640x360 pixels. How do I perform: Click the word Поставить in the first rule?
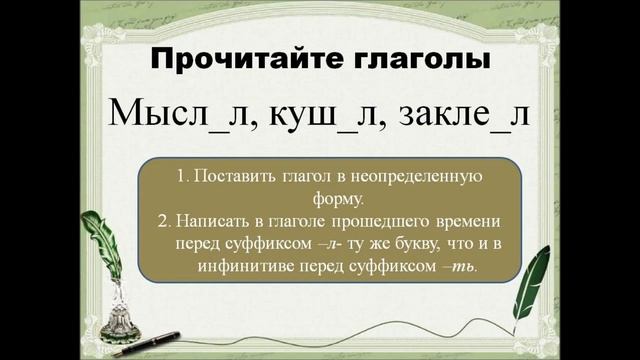tap(231, 176)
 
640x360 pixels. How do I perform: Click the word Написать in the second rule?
tap(212, 221)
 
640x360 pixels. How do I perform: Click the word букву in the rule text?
tap(393, 244)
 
